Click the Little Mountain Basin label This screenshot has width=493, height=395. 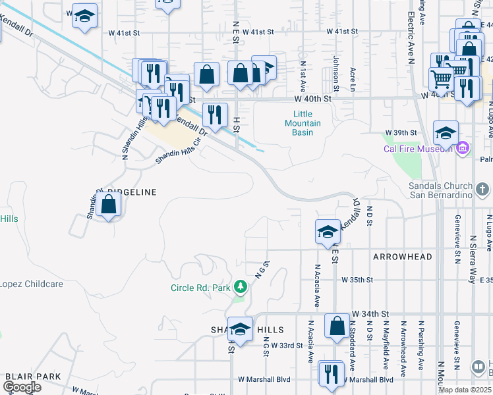coord(303,123)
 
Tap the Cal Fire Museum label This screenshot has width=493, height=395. coord(418,148)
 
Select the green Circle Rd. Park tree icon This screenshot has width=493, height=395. coord(241,286)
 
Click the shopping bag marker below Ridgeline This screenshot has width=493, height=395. coord(108,205)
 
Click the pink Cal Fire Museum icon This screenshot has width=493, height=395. coord(462,147)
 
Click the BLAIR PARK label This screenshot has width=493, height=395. coord(33,377)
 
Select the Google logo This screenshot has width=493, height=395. coord(22,387)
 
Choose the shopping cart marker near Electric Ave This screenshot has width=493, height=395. coord(441,78)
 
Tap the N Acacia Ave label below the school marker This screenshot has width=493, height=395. coord(317,286)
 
